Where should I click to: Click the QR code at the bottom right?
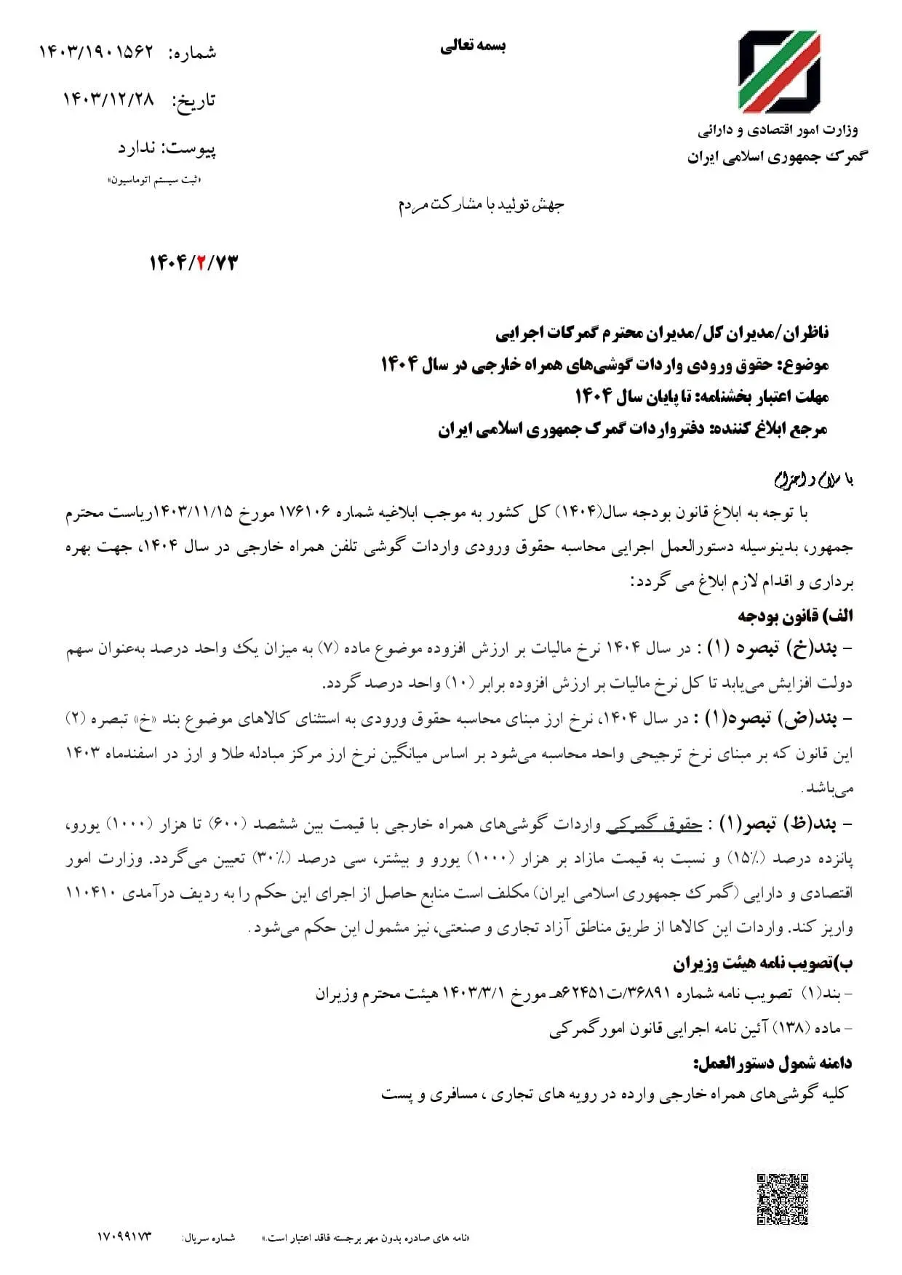783,1199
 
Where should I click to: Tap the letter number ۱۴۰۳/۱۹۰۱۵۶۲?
97,52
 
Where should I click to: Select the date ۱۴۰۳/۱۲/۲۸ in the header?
109,100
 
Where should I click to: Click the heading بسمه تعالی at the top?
473,47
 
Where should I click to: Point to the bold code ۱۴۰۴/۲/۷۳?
193,263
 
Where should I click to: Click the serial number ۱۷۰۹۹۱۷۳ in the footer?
124,1236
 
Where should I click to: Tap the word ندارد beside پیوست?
137,148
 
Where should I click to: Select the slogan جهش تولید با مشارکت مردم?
481,205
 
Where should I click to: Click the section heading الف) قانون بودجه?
795,616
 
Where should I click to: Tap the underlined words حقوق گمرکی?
654,824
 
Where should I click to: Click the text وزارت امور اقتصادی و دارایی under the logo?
778,130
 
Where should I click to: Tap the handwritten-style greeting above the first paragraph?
813,480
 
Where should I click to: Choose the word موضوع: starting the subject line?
803,364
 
